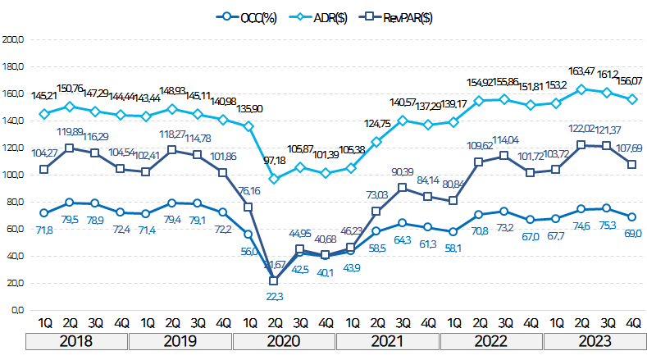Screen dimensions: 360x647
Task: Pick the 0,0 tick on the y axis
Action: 16,310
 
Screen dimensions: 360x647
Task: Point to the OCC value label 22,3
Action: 275,296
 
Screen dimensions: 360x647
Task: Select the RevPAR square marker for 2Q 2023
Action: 582,145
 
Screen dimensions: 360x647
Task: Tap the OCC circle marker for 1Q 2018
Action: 44,213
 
